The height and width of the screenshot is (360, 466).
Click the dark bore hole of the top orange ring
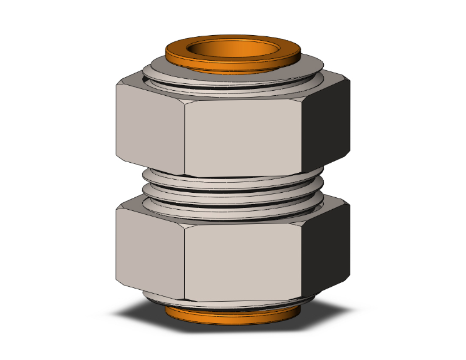[233, 48]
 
